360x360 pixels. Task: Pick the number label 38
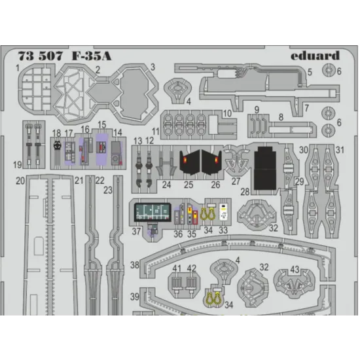(x=134, y=266)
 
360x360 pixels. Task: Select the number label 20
(x=20, y=180)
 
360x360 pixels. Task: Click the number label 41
(x=177, y=268)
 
